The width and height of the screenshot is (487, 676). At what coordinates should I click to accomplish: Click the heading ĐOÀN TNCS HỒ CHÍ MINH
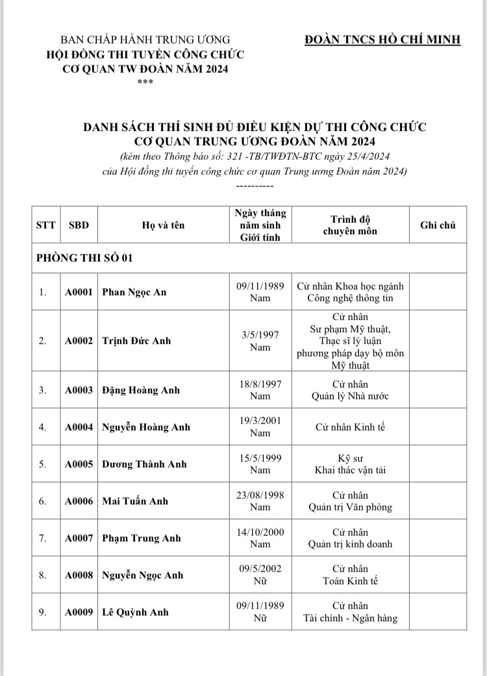(x=382, y=40)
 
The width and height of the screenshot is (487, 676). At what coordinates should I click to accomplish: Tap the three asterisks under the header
(x=145, y=82)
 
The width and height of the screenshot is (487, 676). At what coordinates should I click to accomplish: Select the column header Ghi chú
(x=438, y=225)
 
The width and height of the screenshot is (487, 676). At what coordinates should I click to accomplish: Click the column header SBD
(x=79, y=225)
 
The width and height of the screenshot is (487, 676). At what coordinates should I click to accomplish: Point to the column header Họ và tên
(x=163, y=225)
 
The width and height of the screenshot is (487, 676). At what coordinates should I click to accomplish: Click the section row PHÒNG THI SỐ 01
(x=84, y=258)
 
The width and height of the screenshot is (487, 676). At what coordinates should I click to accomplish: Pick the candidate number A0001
(x=79, y=292)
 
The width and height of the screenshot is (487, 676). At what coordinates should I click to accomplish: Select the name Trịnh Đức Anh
(x=136, y=340)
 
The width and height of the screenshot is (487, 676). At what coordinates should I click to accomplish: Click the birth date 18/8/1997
(x=260, y=384)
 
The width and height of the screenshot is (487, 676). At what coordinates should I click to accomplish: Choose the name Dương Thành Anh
(x=144, y=464)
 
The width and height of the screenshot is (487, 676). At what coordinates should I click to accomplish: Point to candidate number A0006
(x=79, y=501)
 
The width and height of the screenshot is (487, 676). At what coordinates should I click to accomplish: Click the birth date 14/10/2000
(x=260, y=531)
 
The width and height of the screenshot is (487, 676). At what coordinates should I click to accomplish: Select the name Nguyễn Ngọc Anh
(x=143, y=575)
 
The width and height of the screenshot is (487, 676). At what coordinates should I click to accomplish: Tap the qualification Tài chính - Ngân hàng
(x=350, y=618)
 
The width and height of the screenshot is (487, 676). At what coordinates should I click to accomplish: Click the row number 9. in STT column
(x=42, y=612)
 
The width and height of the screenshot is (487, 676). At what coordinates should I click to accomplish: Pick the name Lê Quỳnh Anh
(x=135, y=612)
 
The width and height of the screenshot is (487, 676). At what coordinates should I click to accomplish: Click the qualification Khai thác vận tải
(x=350, y=469)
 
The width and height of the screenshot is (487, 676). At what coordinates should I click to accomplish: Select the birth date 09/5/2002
(x=260, y=568)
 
